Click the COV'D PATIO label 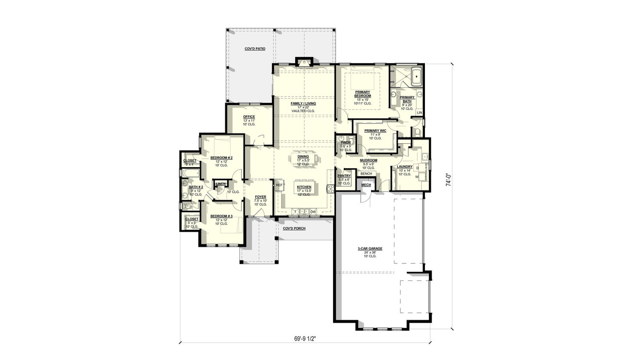click(x=254, y=49)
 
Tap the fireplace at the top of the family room click(x=304, y=62)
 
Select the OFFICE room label click(x=249, y=117)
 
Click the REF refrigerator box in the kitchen click(x=279, y=185)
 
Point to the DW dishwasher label click(x=313, y=211)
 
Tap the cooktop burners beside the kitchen click(x=329, y=189)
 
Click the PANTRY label click(x=344, y=176)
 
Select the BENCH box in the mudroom click(x=366, y=174)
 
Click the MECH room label click(x=366, y=185)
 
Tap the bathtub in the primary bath click(x=416, y=76)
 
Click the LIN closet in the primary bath click(x=419, y=113)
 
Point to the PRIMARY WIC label click(x=374, y=130)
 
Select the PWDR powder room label click(x=345, y=142)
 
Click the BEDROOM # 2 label click(x=221, y=158)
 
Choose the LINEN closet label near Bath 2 click(x=221, y=184)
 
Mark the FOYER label click(x=261, y=197)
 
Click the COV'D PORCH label click(x=294, y=228)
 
